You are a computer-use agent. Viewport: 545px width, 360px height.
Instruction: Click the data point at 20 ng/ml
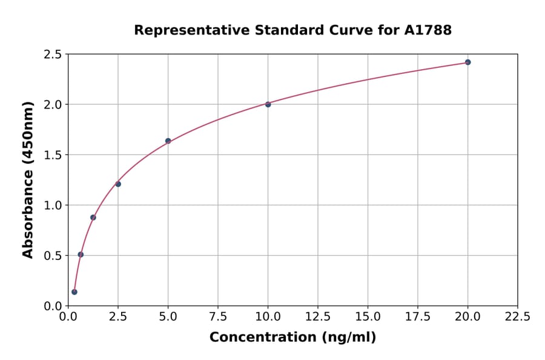[467, 62]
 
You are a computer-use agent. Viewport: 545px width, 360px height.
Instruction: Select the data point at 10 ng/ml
[268, 104]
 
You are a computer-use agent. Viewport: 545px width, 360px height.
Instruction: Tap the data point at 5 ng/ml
[168, 141]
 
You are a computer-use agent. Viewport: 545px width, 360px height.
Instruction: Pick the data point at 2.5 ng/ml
[118, 184]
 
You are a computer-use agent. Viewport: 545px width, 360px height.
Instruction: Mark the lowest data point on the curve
[74, 292]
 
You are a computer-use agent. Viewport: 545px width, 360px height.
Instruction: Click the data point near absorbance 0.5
[81, 255]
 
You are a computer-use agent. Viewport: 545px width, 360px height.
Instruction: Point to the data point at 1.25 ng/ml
[93, 217]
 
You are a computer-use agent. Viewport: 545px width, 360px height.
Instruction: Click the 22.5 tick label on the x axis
[517, 316]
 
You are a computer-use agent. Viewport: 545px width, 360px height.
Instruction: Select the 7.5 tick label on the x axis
[218, 316]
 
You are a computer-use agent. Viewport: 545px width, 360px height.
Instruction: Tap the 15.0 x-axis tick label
[368, 316]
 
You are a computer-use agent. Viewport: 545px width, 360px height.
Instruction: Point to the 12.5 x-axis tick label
[318, 316]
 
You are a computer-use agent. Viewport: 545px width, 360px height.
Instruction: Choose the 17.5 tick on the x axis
[418, 316]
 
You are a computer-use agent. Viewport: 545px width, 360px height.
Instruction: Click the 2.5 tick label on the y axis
[52, 55]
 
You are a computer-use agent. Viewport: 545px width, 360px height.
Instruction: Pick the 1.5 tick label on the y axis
[52, 155]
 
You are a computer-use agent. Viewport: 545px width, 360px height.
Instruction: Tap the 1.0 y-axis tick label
[52, 205]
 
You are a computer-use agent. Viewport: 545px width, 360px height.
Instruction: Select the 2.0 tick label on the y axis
[52, 105]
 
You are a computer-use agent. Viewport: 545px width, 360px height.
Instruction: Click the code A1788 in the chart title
[428, 30]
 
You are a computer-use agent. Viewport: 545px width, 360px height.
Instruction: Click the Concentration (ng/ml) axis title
[292, 338]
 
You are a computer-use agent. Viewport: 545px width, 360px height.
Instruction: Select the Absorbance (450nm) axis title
[28, 179]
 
